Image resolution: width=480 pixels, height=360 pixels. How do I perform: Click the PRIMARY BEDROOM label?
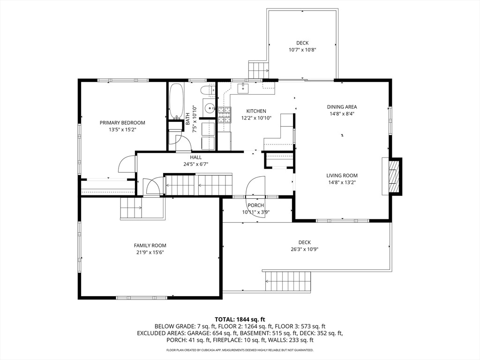(122, 123)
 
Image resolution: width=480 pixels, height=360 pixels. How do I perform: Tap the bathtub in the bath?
(176, 101)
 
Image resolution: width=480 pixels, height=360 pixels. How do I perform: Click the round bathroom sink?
(210, 108)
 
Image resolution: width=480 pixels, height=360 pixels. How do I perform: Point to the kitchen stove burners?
(225, 115)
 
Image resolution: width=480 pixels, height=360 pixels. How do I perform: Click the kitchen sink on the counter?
(243, 88)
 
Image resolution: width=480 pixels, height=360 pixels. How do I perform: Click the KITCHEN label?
(256, 111)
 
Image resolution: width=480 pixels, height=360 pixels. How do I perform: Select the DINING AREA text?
(342, 107)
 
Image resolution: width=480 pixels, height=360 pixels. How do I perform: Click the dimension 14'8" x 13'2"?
(342, 182)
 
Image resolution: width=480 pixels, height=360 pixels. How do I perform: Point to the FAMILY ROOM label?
(150, 246)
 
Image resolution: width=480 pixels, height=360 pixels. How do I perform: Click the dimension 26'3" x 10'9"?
(305, 249)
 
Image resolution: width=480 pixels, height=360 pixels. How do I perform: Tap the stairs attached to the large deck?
(288, 281)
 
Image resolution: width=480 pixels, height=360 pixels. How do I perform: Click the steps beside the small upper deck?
(258, 70)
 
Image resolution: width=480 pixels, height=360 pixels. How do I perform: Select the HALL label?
(195, 157)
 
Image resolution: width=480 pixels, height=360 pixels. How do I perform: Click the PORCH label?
(255, 205)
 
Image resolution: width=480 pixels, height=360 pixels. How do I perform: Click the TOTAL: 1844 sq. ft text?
(240, 320)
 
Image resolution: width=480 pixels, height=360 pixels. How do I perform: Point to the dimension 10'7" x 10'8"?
(302, 50)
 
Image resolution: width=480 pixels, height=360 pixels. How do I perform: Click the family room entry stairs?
(131, 208)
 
